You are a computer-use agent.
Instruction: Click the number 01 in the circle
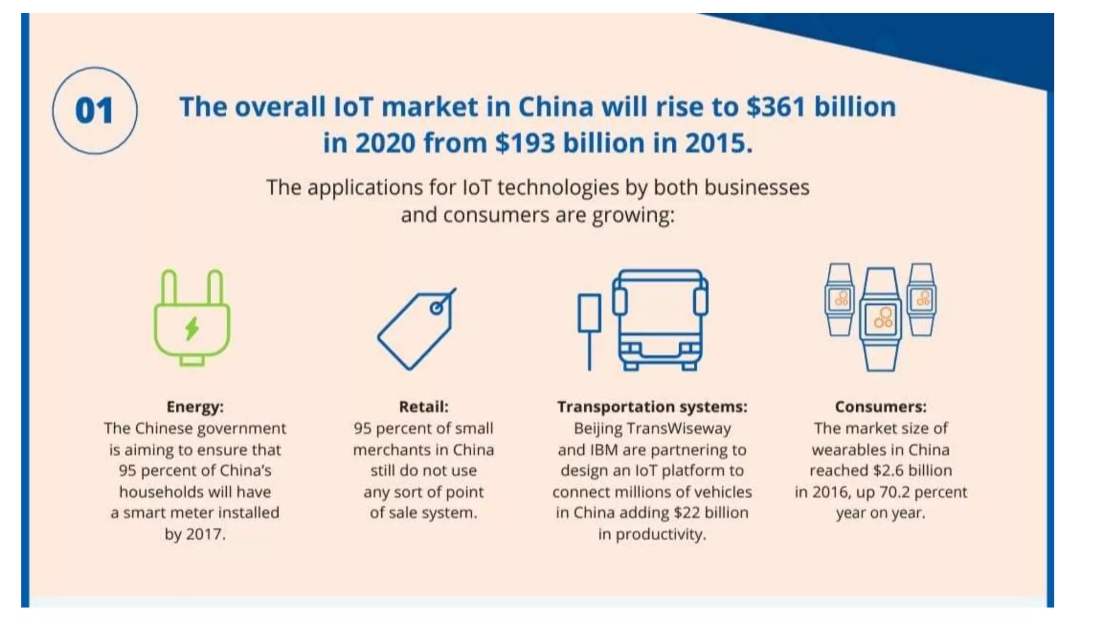click(94, 111)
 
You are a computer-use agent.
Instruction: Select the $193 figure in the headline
click(525, 143)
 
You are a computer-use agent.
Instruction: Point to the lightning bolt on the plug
click(192, 328)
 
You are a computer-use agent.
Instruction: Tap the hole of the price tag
click(437, 308)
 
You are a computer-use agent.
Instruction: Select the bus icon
click(661, 320)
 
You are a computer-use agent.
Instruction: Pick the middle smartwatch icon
click(881, 319)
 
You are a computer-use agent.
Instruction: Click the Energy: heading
click(195, 407)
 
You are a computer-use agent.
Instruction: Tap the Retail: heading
click(424, 407)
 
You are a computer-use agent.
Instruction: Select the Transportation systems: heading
click(652, 407)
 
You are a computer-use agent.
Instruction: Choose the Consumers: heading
click(880, 407)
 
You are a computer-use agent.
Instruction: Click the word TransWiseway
click(678, 429)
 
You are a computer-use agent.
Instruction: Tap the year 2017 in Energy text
click(205, 534)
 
